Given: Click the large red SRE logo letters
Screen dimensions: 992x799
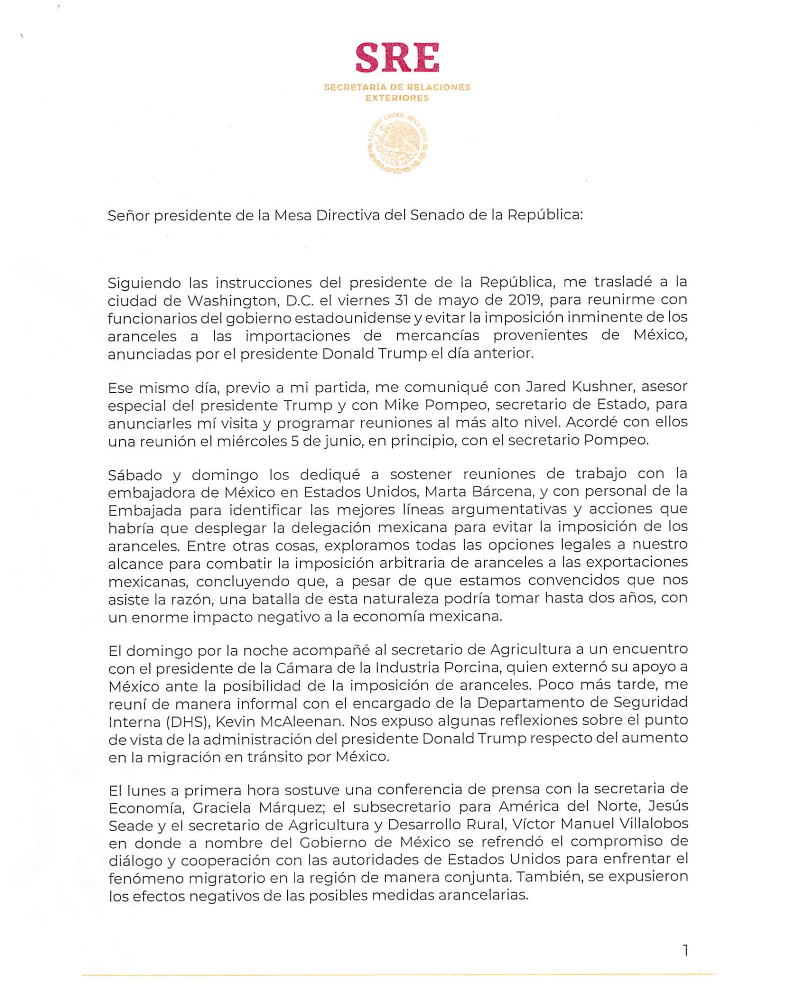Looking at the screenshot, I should click(x=397, y=58).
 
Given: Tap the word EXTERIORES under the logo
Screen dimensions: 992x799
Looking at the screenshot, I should click(x=397, y=98).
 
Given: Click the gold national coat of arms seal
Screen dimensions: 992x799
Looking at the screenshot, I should click(x=398, y=143).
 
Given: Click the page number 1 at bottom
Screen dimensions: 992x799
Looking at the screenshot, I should click(x=685, y=950).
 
